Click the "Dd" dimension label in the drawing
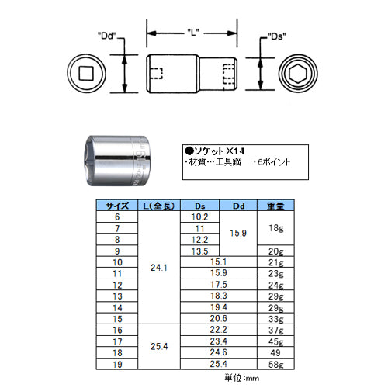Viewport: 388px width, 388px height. tap(107, 36)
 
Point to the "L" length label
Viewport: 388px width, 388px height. tap(192, 33)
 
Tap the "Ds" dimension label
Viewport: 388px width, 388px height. tap(277, 36)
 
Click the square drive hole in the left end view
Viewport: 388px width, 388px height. tap(86, 74)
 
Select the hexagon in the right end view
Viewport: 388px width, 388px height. tap(298, 74)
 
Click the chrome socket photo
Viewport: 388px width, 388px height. tap(118, 161)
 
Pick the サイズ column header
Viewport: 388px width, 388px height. tap(117, 206)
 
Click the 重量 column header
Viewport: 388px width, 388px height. tap(275, 206)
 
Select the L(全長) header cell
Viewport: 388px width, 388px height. tap(159, 206)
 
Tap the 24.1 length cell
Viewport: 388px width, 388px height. tap(159, 268)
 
